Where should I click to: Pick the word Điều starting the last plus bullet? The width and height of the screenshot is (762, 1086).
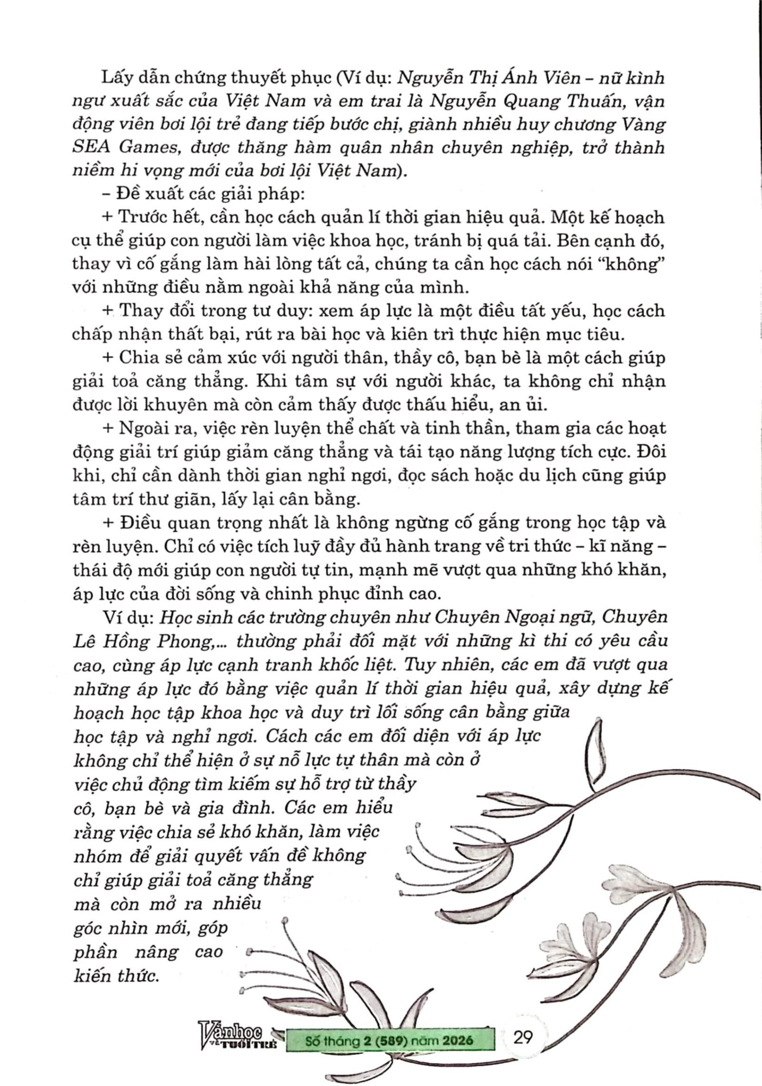click(139, 522)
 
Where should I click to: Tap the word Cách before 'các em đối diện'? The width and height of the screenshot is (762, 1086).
click(284, 736)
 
